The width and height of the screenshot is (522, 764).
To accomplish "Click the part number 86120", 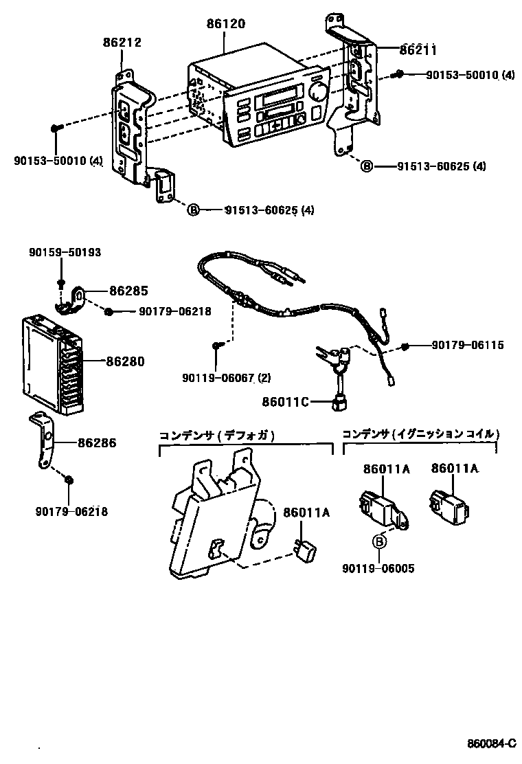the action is pyautogui.click(x=226, y=23).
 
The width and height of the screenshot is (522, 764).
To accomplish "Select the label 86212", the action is pyautogui.click(x=122, y=43).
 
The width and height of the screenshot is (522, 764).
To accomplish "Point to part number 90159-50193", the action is pyautogui.click(x=65, y=252).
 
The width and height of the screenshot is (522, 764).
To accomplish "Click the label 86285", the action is pyautogui.click(x=128, y=291).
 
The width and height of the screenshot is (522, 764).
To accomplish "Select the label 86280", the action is pyautogui.click(x=125, y=361).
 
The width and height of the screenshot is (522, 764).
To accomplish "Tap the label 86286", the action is pyautogui.click(x=97, y=443).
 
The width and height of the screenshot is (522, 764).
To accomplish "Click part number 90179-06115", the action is pyautogui.click(x=468, y=345).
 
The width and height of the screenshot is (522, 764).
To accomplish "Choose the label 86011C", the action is pyautogui.click(x=285, y=402).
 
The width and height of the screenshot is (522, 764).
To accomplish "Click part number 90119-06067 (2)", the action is pyautogui.click(x=227, y=378).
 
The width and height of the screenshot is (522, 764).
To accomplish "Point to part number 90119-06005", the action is pyautogui.click(x=378, y=569).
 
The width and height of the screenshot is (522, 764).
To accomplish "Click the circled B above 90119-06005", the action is pyautogui.click(x=379, y=541).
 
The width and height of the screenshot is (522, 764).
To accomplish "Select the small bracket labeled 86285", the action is pyautogui.click(x=70, y=300).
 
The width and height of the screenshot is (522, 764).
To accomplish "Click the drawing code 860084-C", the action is pyautogui.click(x=491, y=744).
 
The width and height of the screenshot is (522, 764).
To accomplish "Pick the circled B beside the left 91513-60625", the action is pyautogui.click(x=193, y=210).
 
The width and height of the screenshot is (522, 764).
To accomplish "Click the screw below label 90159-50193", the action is pyautogui.click(x=61, y=283).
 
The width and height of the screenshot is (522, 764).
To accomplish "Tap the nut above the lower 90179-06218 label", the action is pyautogui.click(x=69, y=480).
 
